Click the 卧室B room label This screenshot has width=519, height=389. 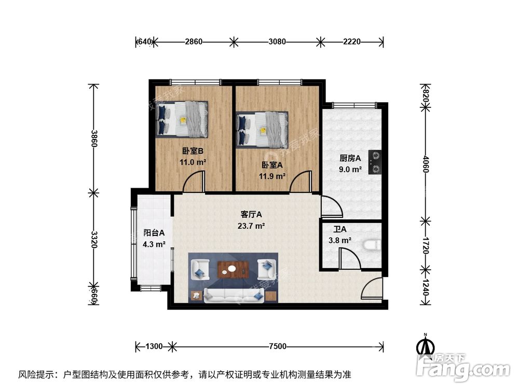click(192, 151)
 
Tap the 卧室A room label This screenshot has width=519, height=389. click(272, 165)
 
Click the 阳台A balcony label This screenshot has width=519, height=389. click(154, 233)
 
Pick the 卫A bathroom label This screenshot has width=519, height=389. click(340, 230)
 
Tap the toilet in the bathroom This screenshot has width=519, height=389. click(373, 244)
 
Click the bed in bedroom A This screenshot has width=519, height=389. click(262, 129)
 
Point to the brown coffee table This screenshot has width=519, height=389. click(233, 269)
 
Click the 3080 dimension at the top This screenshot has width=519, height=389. click(277, 41)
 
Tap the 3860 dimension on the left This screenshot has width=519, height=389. click(93, 138)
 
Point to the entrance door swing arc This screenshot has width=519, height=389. click(373, 289)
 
